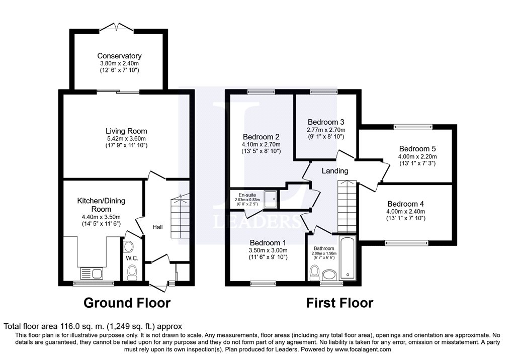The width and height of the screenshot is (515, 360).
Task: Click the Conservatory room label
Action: (x=119, y=56)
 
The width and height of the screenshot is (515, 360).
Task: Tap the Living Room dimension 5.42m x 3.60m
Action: (x=126, y=139)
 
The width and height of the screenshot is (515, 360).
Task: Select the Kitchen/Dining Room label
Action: (x=101, y=205)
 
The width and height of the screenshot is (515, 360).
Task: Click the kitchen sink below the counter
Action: (x=91, y=274)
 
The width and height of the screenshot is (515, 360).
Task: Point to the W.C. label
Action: (x=132, y=258)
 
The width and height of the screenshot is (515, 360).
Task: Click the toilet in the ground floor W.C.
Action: (x=132, y=273)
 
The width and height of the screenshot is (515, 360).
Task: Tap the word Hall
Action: (x=157, y=227)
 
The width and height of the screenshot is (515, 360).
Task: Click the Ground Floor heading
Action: (x=127, y=303)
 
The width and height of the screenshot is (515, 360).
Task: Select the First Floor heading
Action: (x=339, y=303)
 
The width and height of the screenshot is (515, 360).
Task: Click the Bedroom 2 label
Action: (x=261, y=137)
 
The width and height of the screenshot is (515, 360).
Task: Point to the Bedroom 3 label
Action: (x=326, y=122)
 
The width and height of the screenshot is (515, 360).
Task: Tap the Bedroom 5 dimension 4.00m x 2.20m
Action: (x=417, y=157)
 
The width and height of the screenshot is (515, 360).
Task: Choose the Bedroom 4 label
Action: (x=406, y=204)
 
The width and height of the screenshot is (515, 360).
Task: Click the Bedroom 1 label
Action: (x=268, y=243)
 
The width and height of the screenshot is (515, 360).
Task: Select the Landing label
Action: (x=334, y=171)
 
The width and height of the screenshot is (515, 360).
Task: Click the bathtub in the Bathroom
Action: (x=348, y=258)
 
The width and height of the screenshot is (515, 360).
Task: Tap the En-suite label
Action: (x=247, y=195)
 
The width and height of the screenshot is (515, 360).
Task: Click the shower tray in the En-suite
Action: (x=271, y=199)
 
